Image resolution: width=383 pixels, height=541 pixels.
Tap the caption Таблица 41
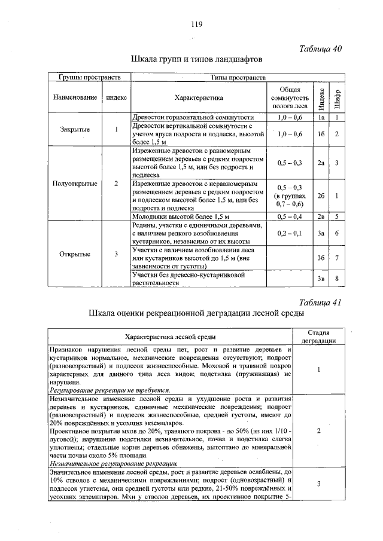(x=320, y=302)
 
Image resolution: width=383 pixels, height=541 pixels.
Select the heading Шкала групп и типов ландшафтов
(x=196, y=60)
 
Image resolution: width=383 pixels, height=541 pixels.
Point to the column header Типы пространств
(x=228, y=78)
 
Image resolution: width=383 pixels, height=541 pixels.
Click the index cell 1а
(x=321, y=118)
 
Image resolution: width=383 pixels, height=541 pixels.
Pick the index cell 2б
(x=321, y=195)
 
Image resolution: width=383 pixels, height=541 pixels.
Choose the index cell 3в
(x=321, y=279)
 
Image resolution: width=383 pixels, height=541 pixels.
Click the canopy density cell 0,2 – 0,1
(x=290, y=233)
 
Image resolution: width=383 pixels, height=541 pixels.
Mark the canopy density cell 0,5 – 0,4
(x=290, y=216)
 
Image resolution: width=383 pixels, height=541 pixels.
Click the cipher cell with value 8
(x=338, y=279)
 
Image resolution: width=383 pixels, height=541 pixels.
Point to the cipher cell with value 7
(x=338, y=258)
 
